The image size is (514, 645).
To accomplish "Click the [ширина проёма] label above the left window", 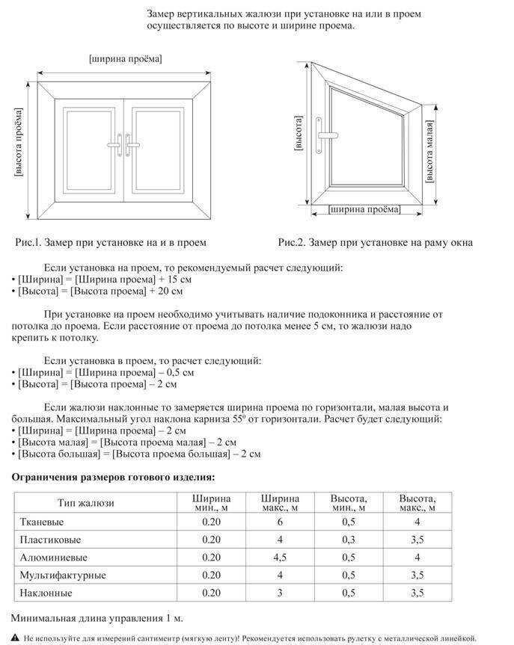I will tap(125, 58).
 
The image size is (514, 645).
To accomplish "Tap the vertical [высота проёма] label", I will tap(18, 142).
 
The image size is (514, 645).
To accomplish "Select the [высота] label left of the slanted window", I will tap(299, 135).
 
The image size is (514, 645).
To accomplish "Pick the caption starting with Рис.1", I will tap(110, 243).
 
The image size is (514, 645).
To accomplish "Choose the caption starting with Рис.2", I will tap(375, 243).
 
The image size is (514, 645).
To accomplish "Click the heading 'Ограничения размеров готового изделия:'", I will tap(113, 476).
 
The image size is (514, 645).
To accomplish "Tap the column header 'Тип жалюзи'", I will tap(87, 503).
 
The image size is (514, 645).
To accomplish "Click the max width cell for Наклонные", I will tap(280, 593).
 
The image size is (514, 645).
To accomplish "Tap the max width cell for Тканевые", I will tap(280, 522).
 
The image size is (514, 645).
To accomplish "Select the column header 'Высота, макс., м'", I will tap(417, 503).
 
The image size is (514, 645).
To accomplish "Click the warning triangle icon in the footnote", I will tap(15, 638).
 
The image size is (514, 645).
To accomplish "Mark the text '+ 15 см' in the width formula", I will tap(166, 279).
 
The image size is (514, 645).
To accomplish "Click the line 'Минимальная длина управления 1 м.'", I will tap(97, 619).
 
